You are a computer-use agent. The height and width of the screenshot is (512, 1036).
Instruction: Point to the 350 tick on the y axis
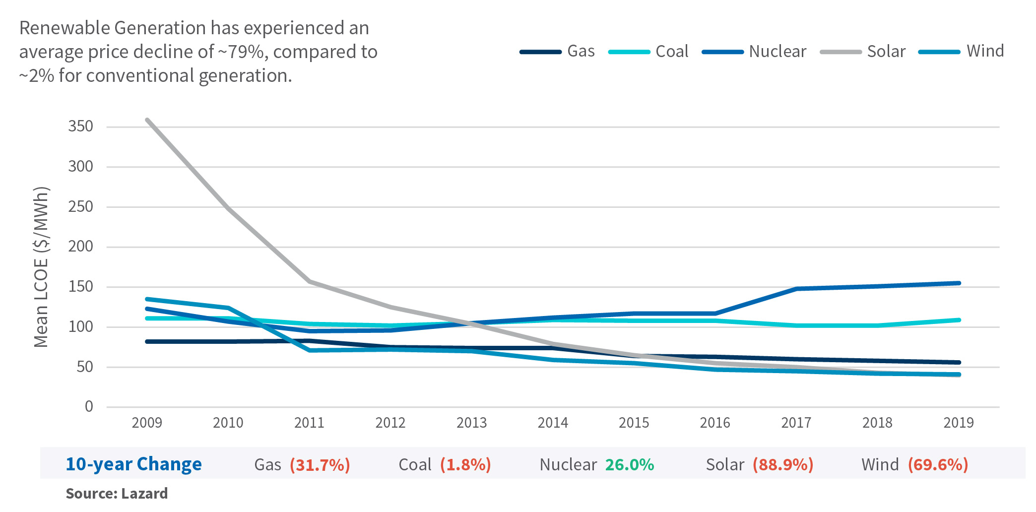[81, 127]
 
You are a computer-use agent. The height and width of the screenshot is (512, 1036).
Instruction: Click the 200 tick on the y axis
[81, 247]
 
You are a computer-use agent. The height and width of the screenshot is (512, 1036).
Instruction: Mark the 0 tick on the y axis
[89, 407]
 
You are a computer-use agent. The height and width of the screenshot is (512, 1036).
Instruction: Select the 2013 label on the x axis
[471, 423]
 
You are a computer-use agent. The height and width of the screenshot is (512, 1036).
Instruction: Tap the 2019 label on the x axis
[958, 423]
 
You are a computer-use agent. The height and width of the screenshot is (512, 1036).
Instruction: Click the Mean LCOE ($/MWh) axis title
[41, 267]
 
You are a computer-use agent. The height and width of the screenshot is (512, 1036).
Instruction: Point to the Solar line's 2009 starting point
[147, 120]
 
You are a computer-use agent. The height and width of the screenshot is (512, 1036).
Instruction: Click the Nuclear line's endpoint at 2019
[959, 283]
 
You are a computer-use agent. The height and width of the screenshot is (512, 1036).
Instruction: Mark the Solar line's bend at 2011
[310, 281]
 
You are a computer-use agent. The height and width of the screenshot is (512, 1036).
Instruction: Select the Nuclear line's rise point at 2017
[796, 289]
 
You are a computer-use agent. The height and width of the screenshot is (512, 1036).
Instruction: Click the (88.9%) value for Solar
[782, 464]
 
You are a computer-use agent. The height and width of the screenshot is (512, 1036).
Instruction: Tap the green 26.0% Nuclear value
[629, 464]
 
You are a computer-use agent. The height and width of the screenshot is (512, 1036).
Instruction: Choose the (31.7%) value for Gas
[320, 464]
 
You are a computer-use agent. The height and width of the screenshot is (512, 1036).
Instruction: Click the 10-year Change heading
[133, 464]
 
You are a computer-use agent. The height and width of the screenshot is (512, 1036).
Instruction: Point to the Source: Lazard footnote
[117, 494]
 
